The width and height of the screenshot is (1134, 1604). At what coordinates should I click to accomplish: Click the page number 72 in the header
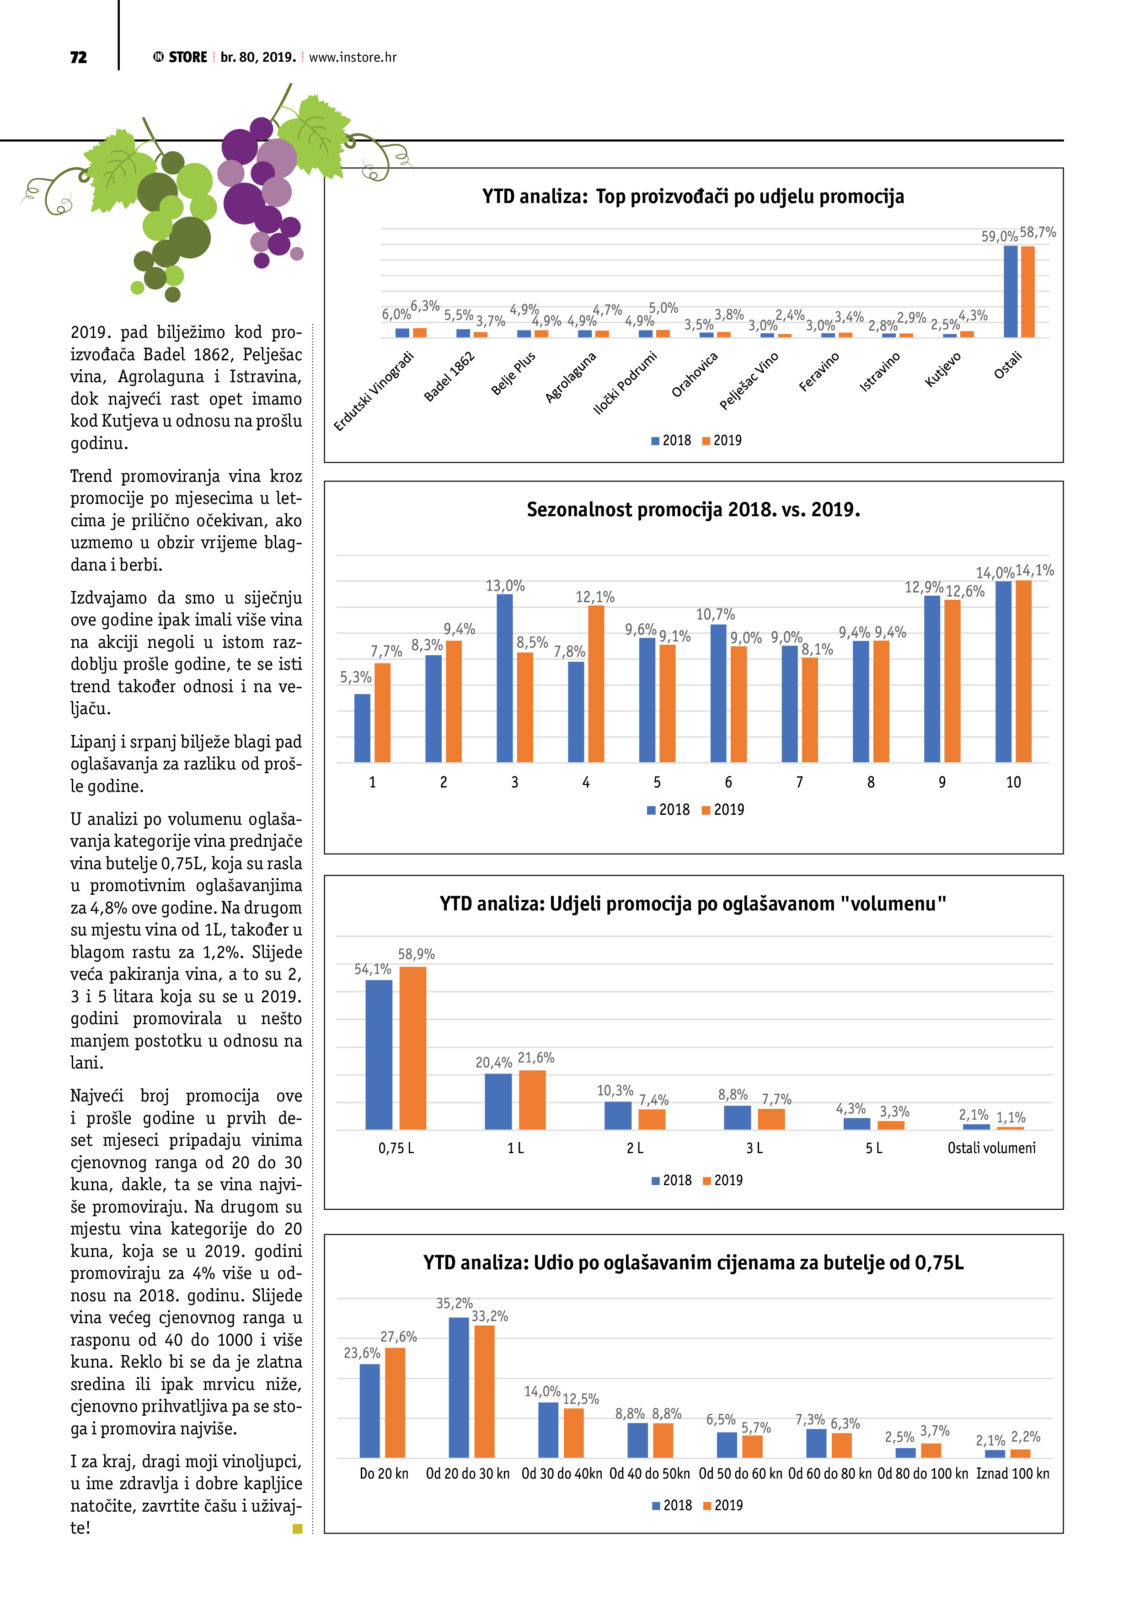[78, 57]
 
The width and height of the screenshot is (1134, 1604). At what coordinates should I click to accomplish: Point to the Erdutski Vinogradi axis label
[373, 391]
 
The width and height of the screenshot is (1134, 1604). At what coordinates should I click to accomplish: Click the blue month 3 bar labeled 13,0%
[504, 678]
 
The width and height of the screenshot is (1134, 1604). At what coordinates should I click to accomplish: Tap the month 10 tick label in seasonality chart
[1013, 782]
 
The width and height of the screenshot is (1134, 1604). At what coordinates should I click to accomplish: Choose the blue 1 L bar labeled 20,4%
[498, 1101]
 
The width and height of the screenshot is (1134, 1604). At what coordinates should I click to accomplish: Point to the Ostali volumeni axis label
[991, 1148]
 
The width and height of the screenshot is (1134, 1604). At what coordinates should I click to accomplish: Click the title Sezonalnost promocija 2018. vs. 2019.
[693, 509]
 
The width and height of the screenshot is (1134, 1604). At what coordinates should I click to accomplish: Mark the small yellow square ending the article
[297, 1529]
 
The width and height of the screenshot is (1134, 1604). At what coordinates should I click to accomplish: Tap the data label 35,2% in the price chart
[454, 1304]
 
